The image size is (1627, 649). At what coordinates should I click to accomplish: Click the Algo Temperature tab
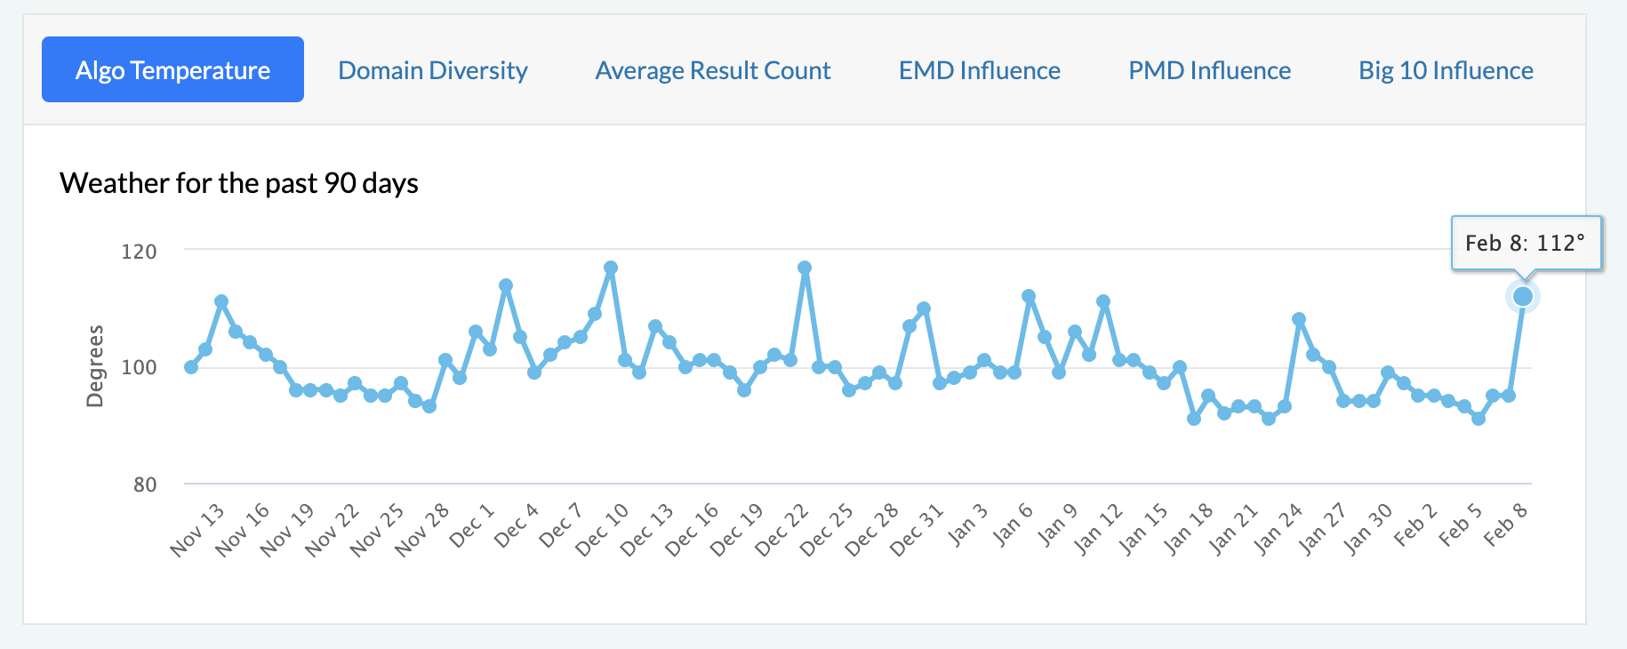pos(172,70)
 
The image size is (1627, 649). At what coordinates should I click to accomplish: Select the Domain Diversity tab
pos(433,70)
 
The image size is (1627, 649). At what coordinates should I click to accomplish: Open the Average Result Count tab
pos(713,70)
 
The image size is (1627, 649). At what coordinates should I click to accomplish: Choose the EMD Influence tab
pos(979,70)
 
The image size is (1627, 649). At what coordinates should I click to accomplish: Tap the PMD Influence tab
pos(1209,70)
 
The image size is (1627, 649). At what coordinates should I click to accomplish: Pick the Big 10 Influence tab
pos(1446,70)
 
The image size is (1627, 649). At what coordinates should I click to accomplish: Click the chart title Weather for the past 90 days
pos(239,183)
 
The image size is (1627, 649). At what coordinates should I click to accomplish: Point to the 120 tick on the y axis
pos(139,252)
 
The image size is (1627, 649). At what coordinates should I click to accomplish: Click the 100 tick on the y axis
pos(139,367)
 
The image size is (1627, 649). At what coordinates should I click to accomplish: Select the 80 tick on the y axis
pos(145,485)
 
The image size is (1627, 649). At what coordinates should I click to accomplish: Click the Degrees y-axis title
pos(94,366)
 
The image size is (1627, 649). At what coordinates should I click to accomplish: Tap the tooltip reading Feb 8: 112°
pos(1526,243)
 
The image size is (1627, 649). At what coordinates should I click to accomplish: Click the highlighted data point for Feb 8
pos(1523,297)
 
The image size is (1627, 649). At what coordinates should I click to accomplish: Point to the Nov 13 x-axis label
pos(198,530)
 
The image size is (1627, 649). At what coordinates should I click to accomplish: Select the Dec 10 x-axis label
pos(603,530)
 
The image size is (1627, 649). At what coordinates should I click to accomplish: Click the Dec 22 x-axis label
pos(782,530)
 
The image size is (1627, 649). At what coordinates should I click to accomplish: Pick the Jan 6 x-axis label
pos(1014,525)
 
